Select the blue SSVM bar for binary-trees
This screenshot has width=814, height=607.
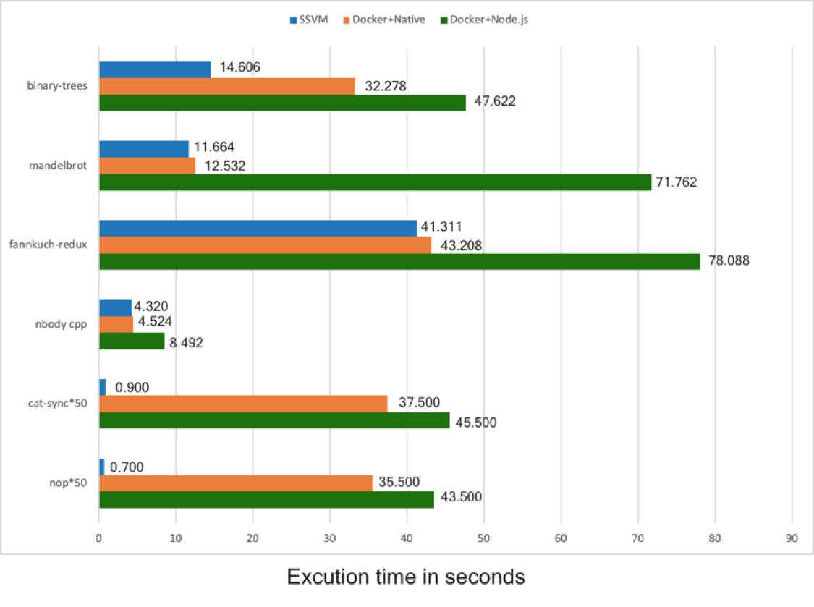click(155, 69)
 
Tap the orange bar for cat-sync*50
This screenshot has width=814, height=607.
click(243, 404)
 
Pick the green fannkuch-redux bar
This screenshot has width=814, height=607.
click(399, 261)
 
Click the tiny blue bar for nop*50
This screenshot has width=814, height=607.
click(101, 467)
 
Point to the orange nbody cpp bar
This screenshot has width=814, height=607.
click(116, 324)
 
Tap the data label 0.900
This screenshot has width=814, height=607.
click(132, 388)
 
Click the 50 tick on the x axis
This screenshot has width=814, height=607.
click(483, 538)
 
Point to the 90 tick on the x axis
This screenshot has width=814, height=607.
click(792, 538)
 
